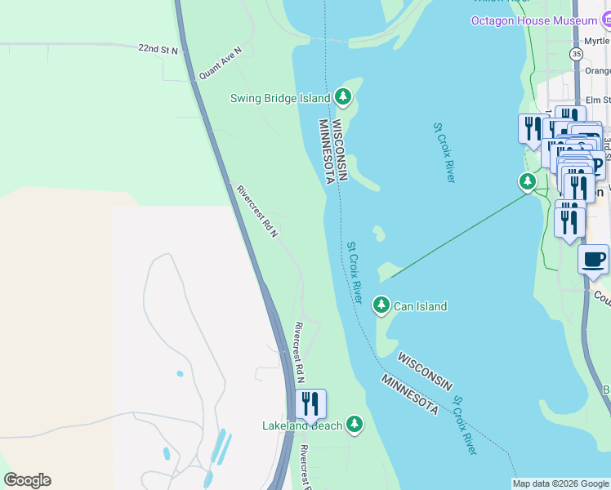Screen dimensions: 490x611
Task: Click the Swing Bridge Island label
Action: (279, 99)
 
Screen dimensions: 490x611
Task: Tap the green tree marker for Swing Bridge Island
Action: (343, 98)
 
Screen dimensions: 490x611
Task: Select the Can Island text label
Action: (420, 307)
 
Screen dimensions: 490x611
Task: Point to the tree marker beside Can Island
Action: (381, 305)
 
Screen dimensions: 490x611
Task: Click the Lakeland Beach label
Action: (301, 425)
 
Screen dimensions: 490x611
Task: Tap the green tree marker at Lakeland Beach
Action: (354, 424)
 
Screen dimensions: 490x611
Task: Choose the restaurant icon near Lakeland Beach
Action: (310, 404)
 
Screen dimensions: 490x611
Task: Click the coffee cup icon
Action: (594, 260)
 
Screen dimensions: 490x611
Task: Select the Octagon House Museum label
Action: (533, 20)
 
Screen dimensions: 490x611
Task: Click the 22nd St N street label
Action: (158, 50)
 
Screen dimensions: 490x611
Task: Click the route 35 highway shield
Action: (577, 54)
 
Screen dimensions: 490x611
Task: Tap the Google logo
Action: (27, 480)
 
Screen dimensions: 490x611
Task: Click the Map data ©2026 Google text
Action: (560, 483)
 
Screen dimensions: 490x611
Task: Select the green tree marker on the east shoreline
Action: (528, 180)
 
